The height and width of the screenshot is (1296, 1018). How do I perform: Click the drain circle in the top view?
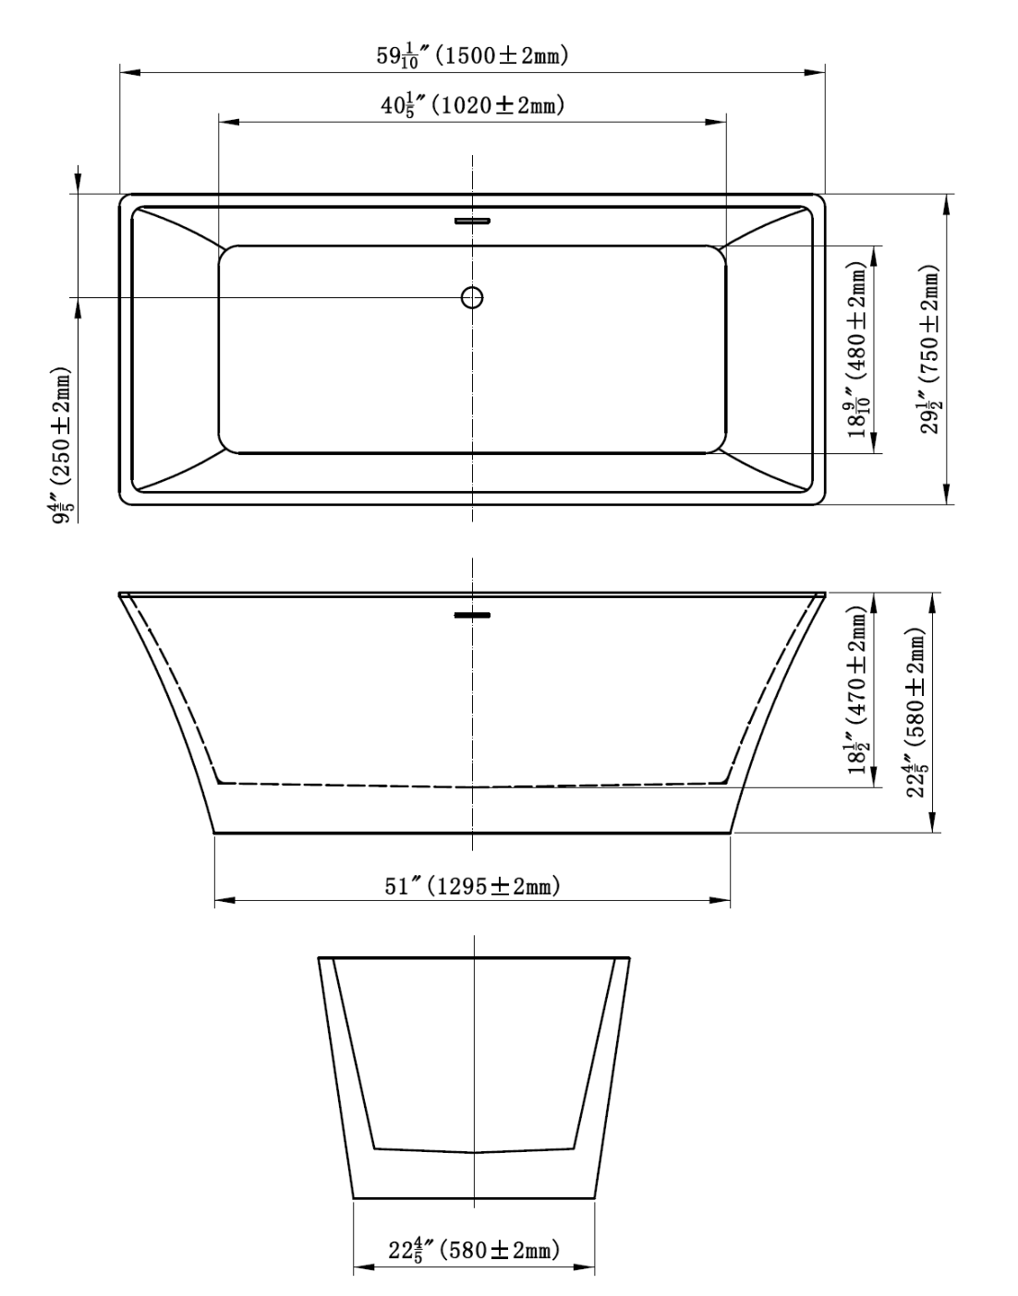click(472, 297)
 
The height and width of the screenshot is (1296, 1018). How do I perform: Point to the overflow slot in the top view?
click(473, 221)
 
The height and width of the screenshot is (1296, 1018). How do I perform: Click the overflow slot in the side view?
click(473, 615)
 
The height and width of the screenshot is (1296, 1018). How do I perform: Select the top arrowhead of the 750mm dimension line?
click(946, 204)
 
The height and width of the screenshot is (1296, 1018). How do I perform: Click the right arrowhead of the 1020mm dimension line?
click(718, 121)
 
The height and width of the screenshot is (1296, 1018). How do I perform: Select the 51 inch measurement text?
click(404, 886)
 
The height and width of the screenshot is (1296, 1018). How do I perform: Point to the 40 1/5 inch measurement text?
click(403, 105)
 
